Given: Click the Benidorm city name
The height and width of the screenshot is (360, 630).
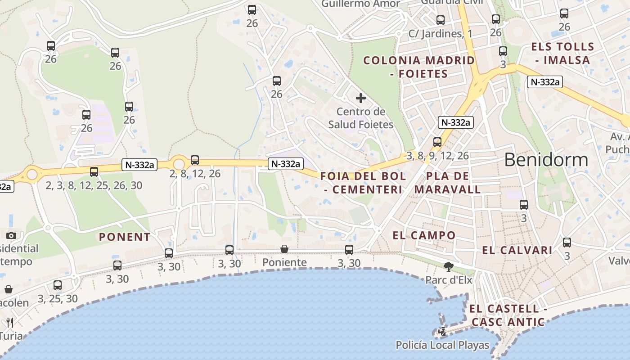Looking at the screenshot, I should click(x=546, y=160).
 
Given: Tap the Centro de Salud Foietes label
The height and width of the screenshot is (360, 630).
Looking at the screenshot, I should click(x=361, y=118).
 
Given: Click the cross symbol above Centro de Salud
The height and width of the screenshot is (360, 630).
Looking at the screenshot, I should click(x=361, y=98).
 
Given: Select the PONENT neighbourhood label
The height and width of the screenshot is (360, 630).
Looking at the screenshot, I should click(x=125, y=237).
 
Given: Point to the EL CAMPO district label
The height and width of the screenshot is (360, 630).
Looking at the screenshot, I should click(x=424, y=235).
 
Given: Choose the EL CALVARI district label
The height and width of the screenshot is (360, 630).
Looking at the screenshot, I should click(x=517, y=251).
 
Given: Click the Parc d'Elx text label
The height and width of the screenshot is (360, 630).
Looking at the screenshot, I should click(x=449, y=280).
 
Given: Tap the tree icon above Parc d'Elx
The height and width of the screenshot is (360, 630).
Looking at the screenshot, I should click(x=448, y=267).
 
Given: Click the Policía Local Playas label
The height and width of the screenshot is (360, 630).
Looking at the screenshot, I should click(x=442, y=345).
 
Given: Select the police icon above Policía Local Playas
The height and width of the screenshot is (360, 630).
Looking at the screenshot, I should click(x=442, y=332).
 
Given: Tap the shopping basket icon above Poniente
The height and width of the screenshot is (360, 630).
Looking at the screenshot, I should click(x=284, y=249).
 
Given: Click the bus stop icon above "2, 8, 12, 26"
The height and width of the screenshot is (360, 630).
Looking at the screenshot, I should click(x=195, y=160).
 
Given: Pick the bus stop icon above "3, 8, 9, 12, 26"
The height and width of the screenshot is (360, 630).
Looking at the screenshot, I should click(x=437, y=142).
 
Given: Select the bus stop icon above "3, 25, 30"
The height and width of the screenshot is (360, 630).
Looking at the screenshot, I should click(x=58, y=285).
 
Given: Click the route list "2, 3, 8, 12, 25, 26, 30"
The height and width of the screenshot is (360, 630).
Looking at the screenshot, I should click(x=94, y=185).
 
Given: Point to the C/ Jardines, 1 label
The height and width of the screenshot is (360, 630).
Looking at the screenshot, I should click(x=440, y=34).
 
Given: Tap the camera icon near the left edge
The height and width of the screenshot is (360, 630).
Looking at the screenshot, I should click(x=11, y=235).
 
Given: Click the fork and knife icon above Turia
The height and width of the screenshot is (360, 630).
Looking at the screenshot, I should click(x=10, y=322).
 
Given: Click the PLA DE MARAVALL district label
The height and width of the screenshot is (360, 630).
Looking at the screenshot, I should click(x=447, y=183).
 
